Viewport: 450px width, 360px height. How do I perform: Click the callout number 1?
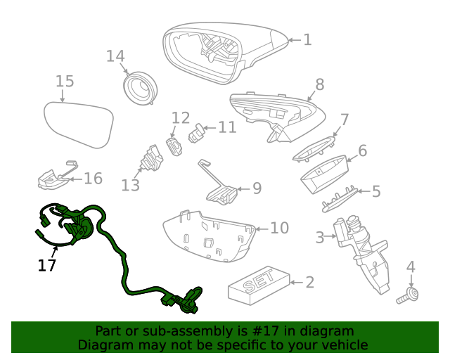click(307, 40)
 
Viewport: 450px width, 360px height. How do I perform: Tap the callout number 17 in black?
click(47, 265)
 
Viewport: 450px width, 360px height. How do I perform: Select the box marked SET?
click(258, 283)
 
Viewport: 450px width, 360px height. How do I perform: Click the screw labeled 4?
click(406, 295)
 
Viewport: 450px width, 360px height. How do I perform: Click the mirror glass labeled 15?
click(79, 123)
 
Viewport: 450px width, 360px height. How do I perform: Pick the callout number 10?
click(279, 228)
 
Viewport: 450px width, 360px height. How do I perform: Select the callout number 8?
click(319, 85)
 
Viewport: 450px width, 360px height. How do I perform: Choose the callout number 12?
click(181, 117)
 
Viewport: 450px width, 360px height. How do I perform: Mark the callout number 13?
click(130, 185)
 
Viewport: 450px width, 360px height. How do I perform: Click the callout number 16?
click(93, 179)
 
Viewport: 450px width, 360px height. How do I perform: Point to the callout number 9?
click(257, 188)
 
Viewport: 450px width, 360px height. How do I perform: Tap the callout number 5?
click(376, 191)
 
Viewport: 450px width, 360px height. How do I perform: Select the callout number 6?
click(363, 150)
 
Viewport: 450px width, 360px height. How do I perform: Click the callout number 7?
click(345, 119)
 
